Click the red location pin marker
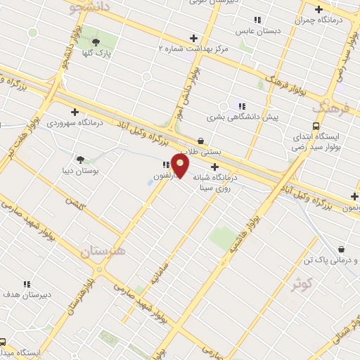pos(181,166)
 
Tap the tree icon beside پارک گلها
pos(96,41)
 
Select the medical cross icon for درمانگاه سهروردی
pos(75,111)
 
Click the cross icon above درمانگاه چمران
pos(319,9)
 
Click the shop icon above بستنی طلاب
pos(201,141)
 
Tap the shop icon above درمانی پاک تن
pos(342,249)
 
